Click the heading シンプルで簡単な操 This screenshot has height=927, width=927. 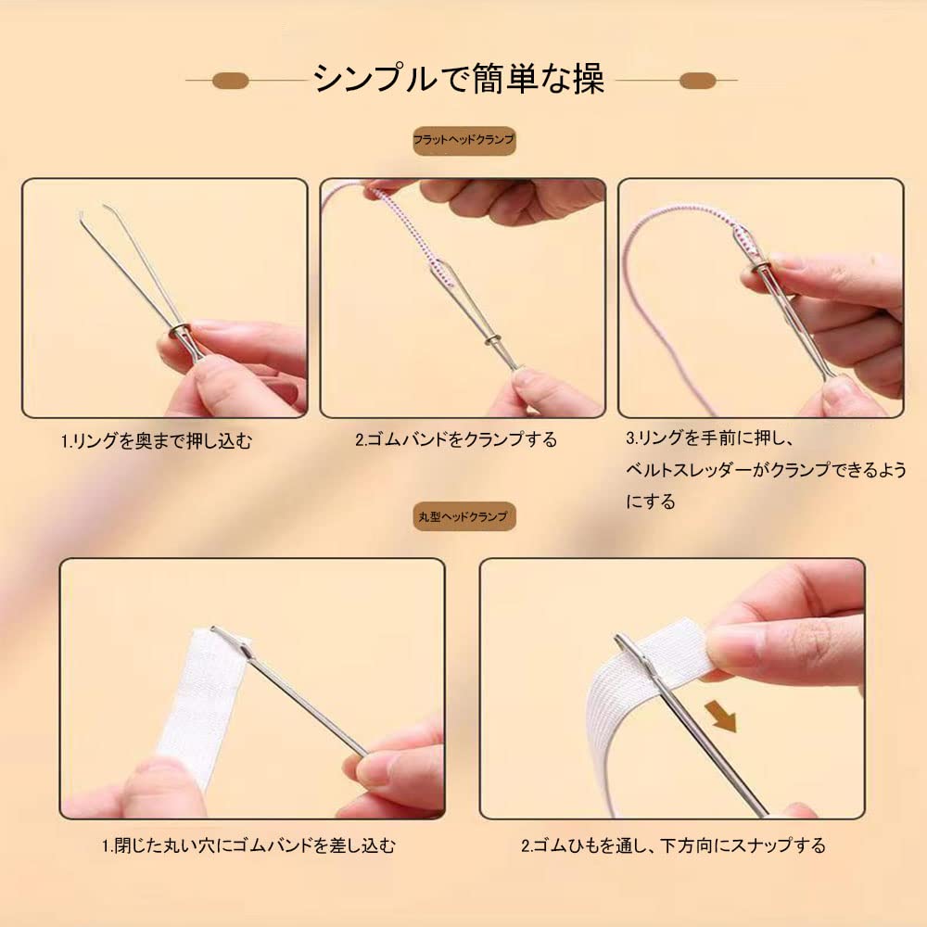click(459, 79)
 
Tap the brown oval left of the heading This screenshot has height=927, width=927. click(230, 81)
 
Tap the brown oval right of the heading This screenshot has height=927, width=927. click(698, 81)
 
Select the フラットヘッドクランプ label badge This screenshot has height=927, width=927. click(464, 141)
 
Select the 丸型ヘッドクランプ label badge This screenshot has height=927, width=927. click(464, 516)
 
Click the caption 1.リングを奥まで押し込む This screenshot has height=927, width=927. click(157, 440)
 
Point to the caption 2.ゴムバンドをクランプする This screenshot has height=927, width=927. click(456, 439)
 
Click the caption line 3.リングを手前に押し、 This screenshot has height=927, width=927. click(709, 438)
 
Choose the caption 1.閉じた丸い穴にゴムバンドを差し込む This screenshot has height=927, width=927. click(248, 845)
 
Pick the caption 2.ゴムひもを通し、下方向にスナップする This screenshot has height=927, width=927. click(673, 845)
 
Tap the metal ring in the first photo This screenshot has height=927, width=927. click(180, 332)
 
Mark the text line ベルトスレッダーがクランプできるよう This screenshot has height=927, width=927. click(766, 470)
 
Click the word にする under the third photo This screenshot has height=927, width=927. click(651, 502)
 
